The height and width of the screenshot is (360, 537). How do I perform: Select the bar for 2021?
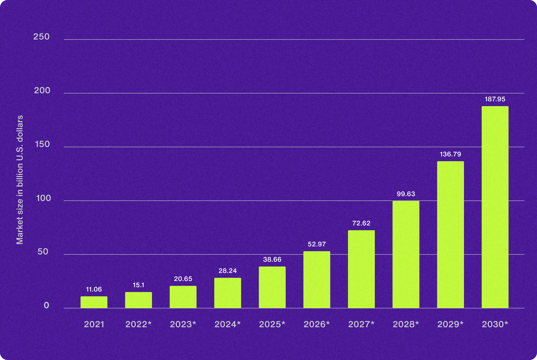(x=94, y=302)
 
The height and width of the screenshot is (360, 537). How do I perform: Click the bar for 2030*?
(x=495, y=207)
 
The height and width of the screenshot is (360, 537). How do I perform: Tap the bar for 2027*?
(x=361, y=269)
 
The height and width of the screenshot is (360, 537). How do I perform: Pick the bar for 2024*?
(x=228, y=293)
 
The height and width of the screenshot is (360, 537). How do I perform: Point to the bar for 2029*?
(x=450, y=235)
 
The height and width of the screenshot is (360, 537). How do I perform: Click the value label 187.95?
(x=495, y=99)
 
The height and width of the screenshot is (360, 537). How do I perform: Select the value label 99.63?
(x=406, y=194)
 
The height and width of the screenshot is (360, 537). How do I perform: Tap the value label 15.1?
(x=139, y=285)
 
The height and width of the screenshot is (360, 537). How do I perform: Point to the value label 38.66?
(x=272, y=260)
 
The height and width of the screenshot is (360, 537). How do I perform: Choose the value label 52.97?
(x=317, y=244)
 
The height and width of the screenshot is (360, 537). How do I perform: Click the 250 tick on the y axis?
(x=42, y=37)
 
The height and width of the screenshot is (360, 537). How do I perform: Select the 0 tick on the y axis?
(x=46, y=305)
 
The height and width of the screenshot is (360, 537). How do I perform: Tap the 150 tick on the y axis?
(x=42, y=144)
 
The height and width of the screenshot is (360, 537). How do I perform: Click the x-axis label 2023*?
(x=183, y=325)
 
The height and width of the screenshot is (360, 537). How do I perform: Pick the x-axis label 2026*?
(x=317, y=325)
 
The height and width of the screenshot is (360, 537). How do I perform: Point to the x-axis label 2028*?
(x=406, y=325)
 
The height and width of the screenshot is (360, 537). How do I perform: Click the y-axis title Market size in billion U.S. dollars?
(x=20, y=180)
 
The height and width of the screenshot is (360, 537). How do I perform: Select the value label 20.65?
(x=183, y=279)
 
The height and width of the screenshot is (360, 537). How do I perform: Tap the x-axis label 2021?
(x=94, y=325)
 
